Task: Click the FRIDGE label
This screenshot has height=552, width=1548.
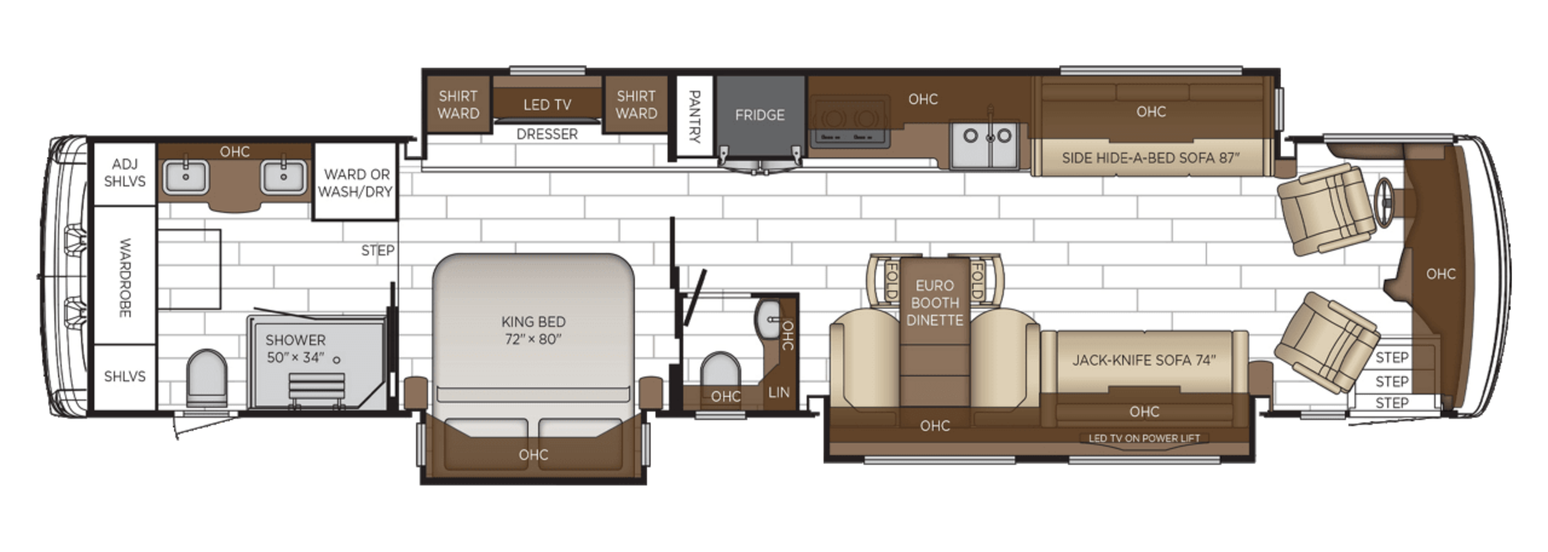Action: click(x=759, y=115)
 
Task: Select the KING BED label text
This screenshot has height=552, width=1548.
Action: click(x=533, y=330)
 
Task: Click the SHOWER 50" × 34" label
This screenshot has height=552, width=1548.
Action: click(x=295, y=349)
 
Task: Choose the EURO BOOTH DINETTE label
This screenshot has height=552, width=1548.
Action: click(x=934, y=303)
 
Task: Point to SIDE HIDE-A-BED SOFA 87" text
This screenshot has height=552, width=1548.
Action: click(x=1151, y=158)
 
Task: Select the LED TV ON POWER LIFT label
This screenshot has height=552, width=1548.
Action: click(x=1144, y=438)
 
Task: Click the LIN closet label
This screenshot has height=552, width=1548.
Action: click(x=779, y=392)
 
